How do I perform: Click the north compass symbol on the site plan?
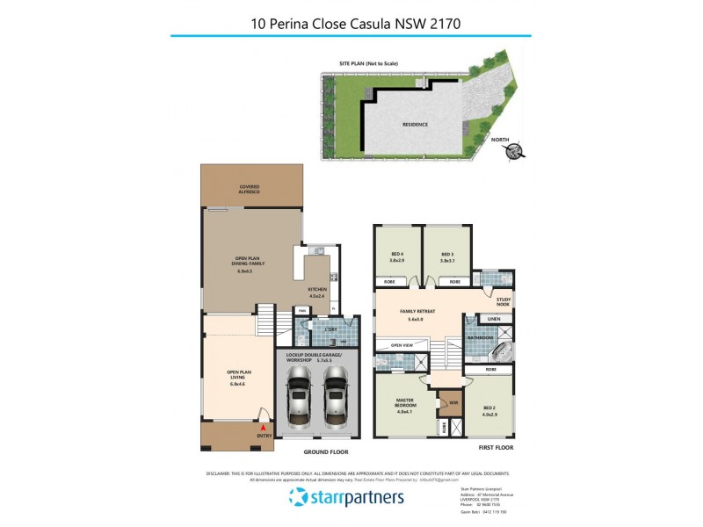[512, 151]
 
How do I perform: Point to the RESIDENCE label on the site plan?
[415, 125]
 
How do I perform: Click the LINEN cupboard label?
[493, 318]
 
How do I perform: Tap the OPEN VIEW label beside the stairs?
[402, 345]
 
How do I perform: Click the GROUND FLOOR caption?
[327, 451]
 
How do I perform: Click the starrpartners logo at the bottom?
[346, 498]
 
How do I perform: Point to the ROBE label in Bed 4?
[388, 282]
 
